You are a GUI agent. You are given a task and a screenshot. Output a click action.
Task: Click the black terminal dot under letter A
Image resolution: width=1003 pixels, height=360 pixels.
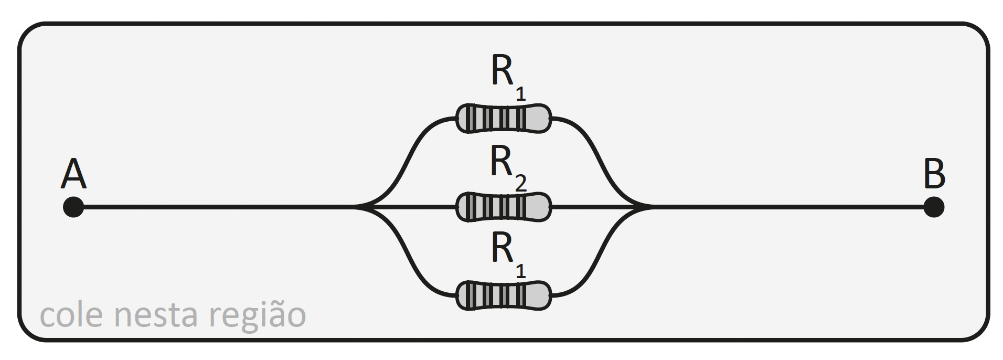tap(73, 207)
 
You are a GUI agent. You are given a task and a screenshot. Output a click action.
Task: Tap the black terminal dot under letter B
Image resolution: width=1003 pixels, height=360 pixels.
tap(934, 207)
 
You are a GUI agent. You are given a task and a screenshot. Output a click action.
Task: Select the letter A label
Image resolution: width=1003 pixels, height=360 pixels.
tap(73, 175)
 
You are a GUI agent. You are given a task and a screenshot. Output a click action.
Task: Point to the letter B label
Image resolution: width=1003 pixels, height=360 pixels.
tap(934, 175)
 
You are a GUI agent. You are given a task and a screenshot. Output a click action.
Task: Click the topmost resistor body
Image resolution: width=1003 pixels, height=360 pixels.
tap(503, 118)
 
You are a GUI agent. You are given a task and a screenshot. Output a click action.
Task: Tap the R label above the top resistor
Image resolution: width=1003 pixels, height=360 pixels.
tap(503, 71)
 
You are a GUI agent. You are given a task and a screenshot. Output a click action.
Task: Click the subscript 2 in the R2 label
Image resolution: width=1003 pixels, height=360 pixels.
tap(520, 184)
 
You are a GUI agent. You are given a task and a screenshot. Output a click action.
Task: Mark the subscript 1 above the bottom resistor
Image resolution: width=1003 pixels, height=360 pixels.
tap(520, 271)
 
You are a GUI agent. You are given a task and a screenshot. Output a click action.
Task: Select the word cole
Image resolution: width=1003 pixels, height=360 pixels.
tap(71, 315)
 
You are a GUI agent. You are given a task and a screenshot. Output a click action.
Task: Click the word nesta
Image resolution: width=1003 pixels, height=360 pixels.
tap(156, 315)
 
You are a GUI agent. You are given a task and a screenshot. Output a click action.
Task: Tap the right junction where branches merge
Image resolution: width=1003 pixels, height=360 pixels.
tap(645, 207)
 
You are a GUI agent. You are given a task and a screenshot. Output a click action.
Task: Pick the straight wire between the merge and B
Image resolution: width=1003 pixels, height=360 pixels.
tap(787, 207)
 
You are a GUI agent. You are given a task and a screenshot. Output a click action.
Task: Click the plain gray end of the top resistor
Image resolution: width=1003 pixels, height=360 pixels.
tap(538, 118)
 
